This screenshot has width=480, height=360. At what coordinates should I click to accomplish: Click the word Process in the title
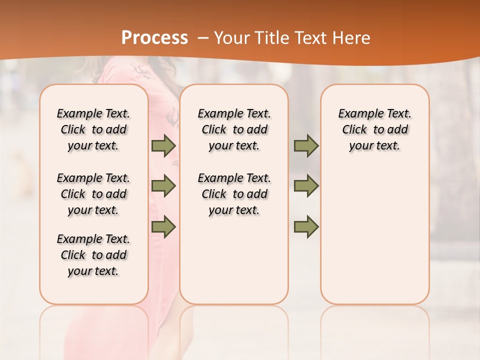(x=154, y=38)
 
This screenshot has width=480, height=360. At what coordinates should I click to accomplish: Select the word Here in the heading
(x=352, y=38)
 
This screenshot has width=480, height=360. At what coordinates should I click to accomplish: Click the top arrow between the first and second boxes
(x=163, y=145)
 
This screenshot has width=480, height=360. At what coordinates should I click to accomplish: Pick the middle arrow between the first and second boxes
(x=163, y=186)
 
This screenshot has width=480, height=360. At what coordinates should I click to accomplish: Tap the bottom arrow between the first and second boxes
(x=163, y=227)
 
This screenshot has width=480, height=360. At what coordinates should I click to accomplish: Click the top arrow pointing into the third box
(x=306, y=145)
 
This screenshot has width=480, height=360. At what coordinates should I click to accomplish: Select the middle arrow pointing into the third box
(x=306, y=186)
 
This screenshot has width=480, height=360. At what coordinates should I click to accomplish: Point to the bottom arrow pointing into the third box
(x=306, y=227)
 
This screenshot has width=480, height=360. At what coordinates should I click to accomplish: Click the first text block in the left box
(x=93, y=129)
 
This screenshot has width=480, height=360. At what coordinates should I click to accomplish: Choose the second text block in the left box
(x=93, y=194)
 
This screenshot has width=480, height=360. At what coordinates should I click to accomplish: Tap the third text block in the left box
(x=93, y=255)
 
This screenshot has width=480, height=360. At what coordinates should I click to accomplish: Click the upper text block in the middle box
(x=234, y=129)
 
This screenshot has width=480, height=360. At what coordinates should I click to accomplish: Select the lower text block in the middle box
(x=234, y=194)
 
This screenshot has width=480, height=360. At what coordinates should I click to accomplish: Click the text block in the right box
(x=374, y=129)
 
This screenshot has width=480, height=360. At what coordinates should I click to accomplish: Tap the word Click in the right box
(x=354, y=130)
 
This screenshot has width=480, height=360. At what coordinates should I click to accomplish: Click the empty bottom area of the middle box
(x=234, y=265)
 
